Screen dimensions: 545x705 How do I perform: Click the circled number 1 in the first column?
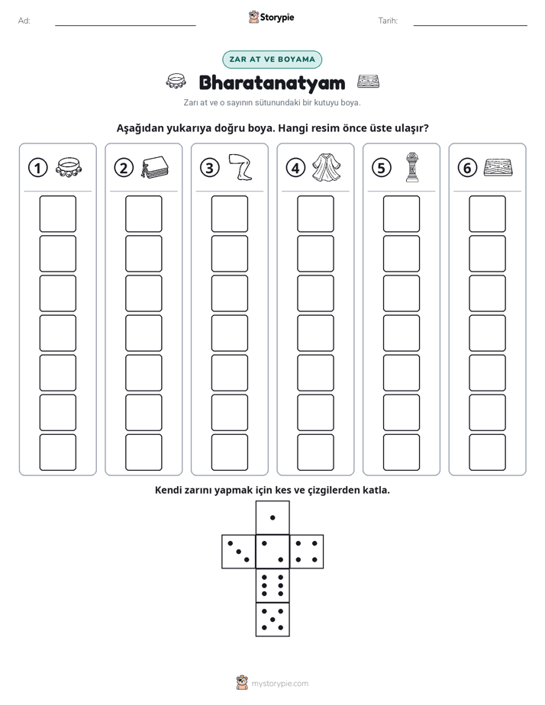click(37, 168)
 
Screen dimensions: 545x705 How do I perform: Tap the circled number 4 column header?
click(295, 168)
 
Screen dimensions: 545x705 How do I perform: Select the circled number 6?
click(467, 168)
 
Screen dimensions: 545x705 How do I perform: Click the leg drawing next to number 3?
click(240, 168)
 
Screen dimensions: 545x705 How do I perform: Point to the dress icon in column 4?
click(327, 168)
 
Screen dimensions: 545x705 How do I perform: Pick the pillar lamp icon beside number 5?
click(412, 168)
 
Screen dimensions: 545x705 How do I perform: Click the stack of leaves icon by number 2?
click(155, 168)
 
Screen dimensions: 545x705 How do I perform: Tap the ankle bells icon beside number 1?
click(69, 167)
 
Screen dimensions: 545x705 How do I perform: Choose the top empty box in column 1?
click(57, 214)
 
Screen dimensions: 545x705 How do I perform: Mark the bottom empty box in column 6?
click(488, 452)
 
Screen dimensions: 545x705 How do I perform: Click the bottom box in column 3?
click(230, 452)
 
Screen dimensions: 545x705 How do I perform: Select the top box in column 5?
click(401, 214)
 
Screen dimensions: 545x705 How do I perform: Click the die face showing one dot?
click(272, 517)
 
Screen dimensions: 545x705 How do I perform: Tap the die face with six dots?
click(272, 585)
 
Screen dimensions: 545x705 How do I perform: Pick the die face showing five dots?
click(272, 619)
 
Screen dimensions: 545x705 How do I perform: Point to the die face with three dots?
click(239, 551)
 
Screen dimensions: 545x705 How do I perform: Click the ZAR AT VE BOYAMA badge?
click(272, 60)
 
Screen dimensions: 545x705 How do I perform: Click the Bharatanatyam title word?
click(272, 82)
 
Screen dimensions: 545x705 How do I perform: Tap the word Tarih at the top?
click(388, 21)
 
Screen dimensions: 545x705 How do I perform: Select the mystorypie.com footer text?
click(279, 684)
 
